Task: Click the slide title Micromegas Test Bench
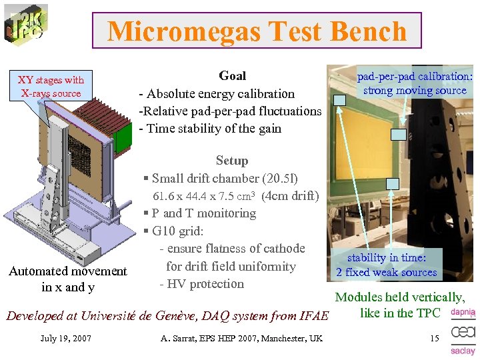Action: [x=257, y=31]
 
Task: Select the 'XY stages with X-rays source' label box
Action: [x=51, y=87]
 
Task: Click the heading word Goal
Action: [x=232, y=76]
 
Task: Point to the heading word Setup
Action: [x=231, y=161]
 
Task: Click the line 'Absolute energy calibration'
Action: [x=217, y=94]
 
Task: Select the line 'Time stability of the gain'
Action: [x=211, y=129]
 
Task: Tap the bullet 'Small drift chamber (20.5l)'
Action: [x=221, y=179]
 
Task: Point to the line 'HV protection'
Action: [x=202, y=284]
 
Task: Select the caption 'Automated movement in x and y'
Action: [x=67, y=279]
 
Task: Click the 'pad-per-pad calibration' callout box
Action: [x=414, y=83]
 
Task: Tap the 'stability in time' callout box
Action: [x=386, y=265]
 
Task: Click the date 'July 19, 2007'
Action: [x=65, y=339]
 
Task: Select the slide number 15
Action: [x=434, y=339]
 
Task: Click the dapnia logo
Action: [x=463, y=312]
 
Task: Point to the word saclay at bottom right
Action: [x=463, y=351]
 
